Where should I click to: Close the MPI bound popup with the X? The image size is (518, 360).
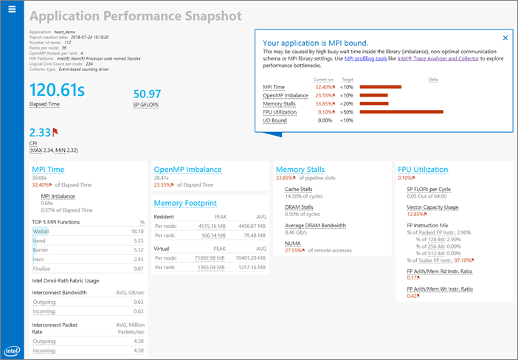[x=505, y=38]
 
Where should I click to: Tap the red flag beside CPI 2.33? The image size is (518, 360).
[x=55, y=132]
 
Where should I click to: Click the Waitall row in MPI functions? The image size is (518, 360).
[x=41, y=231]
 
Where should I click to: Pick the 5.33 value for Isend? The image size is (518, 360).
[x=137, y=240]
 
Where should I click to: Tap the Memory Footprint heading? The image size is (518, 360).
[x=185, y=203]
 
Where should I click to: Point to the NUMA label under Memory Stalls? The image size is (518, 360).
[x=293, y=243]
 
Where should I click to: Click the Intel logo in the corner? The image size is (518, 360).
[x=12, y=351]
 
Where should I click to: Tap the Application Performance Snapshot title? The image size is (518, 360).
[x=135, y=16]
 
